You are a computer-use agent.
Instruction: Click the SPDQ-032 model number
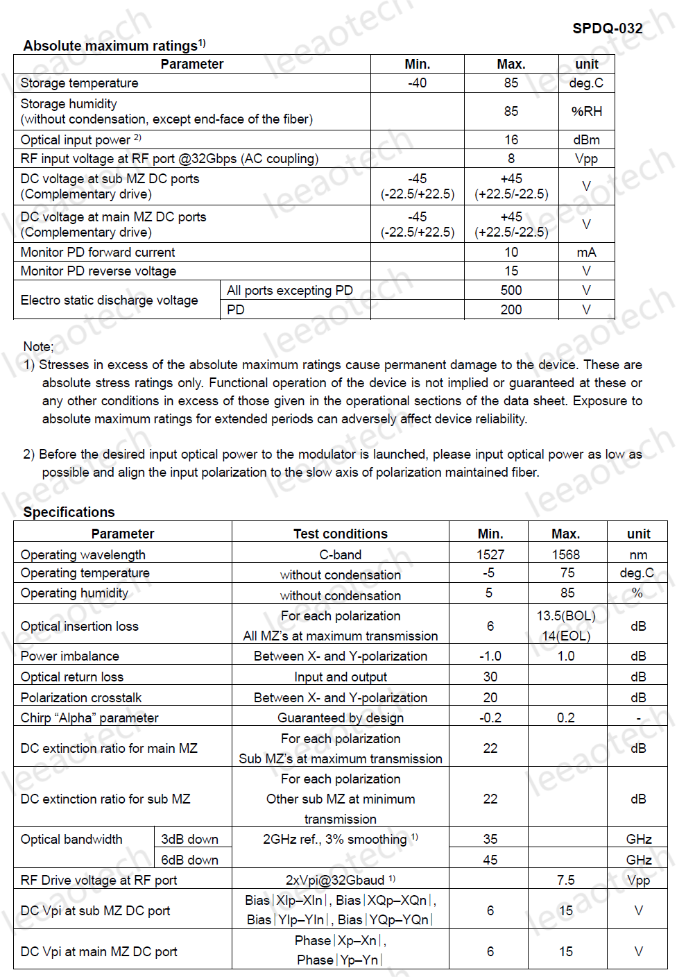(607, 28)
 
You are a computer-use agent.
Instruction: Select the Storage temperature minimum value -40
(417, 83)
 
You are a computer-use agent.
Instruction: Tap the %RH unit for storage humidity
(586, 111)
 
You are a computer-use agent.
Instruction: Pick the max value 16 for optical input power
(511, 139)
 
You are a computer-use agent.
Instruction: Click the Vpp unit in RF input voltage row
(586, 158)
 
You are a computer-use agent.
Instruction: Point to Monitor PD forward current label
(98, 252)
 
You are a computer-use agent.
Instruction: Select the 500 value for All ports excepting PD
(511, 290)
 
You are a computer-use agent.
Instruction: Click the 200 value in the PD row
(511, 309)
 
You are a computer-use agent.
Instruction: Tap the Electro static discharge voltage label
(109, 300)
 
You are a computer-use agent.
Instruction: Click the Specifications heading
(69, 512)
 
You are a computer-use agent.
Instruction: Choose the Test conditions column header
(340, 534)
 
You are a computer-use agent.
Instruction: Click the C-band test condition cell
(340, 554)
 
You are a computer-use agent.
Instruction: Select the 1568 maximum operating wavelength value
(566, 554)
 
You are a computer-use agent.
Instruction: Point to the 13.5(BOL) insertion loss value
(566, 615)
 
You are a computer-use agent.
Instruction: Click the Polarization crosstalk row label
(81, 697)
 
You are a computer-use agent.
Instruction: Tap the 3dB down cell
(189, 839)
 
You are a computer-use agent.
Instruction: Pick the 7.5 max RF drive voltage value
(566, 880)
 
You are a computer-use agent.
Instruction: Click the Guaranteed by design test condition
(340, 717)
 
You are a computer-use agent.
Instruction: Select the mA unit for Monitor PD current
(586, 252)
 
